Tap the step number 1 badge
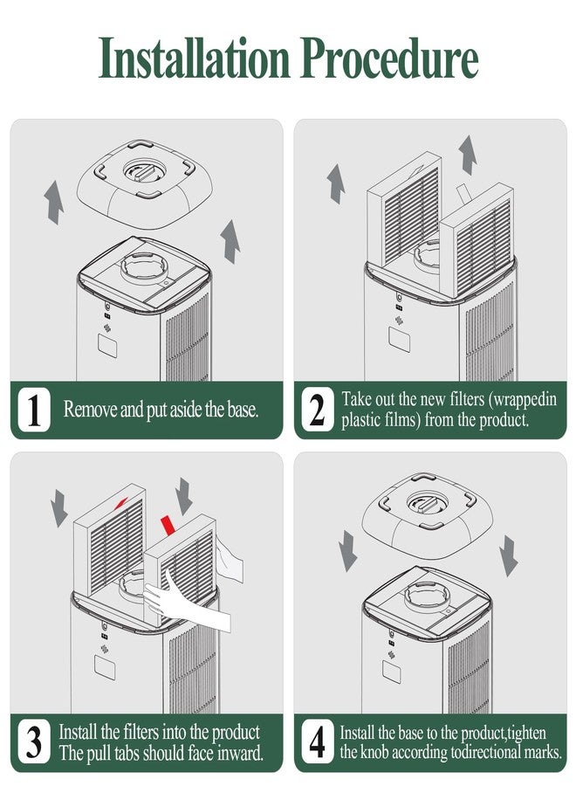click(34, 410)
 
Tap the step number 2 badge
click(318, 410)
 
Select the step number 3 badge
click(34, 741)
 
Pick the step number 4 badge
click(318, 741)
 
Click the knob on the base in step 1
click(145, 171)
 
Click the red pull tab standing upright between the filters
click(167, 525)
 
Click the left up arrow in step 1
click(53, 203)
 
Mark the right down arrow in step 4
click(509, 555)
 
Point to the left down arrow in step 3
click(59, 507)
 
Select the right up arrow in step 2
click(468, 155)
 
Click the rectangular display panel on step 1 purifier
click(107, 345)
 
